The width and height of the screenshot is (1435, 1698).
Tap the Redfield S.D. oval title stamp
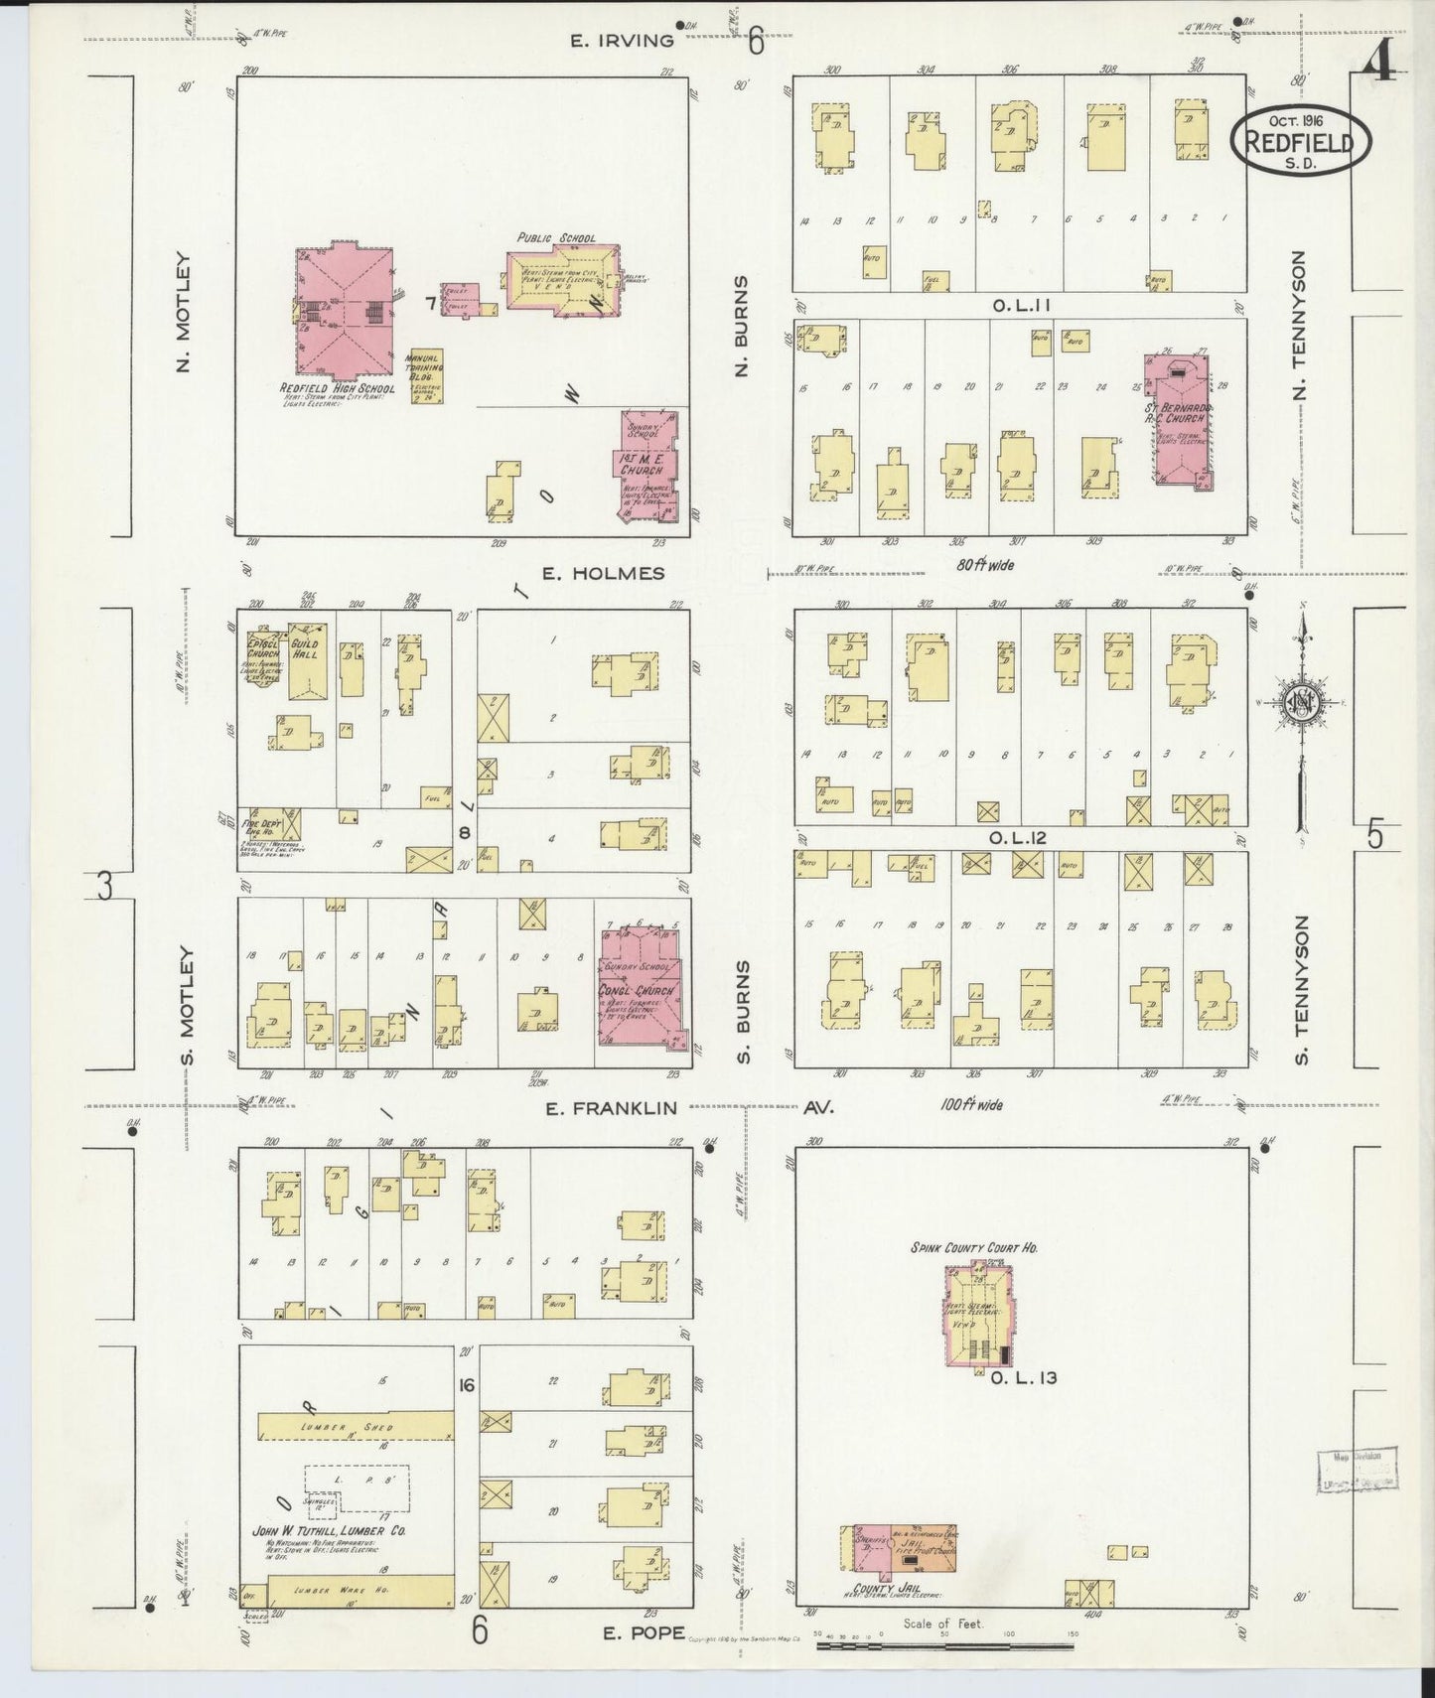click(1299, 143)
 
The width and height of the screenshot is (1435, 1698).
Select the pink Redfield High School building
click(344, 308)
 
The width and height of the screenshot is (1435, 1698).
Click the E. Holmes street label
click(602, 573)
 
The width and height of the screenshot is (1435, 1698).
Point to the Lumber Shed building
click(355, 1426)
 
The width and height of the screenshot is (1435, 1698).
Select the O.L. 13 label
click(1014, 1376)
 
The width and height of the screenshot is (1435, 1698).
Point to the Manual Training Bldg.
click(428, 375)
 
